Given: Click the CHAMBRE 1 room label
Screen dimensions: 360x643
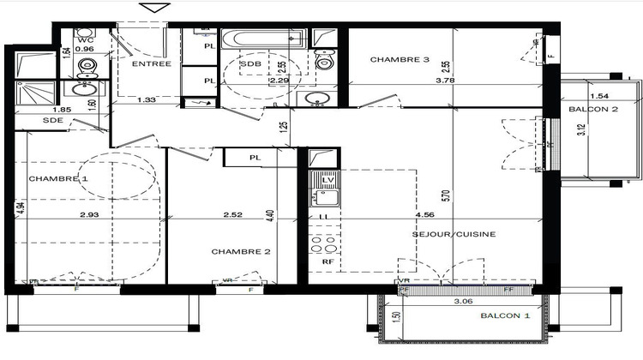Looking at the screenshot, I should (59, 178).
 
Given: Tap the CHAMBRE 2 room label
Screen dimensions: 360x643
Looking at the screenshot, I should (242, 251).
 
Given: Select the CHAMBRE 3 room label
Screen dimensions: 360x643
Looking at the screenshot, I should (400, 60).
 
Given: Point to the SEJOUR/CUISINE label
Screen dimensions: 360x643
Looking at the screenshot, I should (454, 233).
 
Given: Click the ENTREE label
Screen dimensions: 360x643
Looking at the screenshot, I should (151, 63).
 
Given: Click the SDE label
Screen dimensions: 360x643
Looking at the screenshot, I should (29, 121).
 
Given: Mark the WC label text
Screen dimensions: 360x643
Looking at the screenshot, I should (84, 39).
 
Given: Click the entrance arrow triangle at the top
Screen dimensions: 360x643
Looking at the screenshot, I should (154, 8).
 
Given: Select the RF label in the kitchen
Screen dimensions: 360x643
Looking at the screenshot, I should (327, 262).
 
